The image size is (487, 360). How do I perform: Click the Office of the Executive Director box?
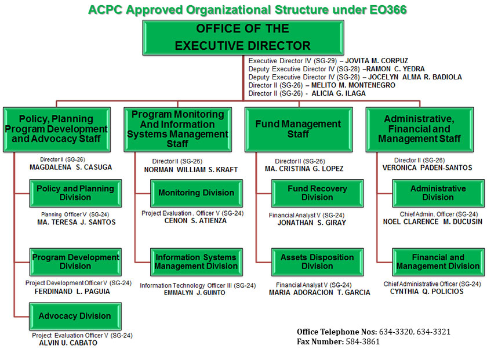[243, 38]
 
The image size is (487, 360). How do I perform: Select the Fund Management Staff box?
[299, 129]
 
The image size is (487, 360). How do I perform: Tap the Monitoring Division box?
[197, 193]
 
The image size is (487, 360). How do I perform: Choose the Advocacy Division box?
[75, 316]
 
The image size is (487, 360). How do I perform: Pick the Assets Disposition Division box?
[317, 262]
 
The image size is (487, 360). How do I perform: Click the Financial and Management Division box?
[438, 262]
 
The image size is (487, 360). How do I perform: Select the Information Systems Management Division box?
[197, 262]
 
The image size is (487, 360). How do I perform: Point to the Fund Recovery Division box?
[317, 193]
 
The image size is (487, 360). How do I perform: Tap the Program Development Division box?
[75, 262]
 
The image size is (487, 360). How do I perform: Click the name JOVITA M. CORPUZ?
[376, 61]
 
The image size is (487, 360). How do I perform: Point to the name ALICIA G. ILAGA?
[339, 93]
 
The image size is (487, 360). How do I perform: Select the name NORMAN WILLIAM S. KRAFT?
[191, 170]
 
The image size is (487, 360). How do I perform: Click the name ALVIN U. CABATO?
[68, 343]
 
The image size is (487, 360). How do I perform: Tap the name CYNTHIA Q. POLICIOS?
[427, 292]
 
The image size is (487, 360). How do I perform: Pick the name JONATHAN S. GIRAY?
[311, 223]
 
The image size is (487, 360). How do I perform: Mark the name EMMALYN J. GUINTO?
[194, 293]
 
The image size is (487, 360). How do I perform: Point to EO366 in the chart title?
[388, 10]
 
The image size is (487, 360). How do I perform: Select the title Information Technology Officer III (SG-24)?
[198, 285]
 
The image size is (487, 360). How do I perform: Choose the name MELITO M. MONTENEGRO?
[353, 85]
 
